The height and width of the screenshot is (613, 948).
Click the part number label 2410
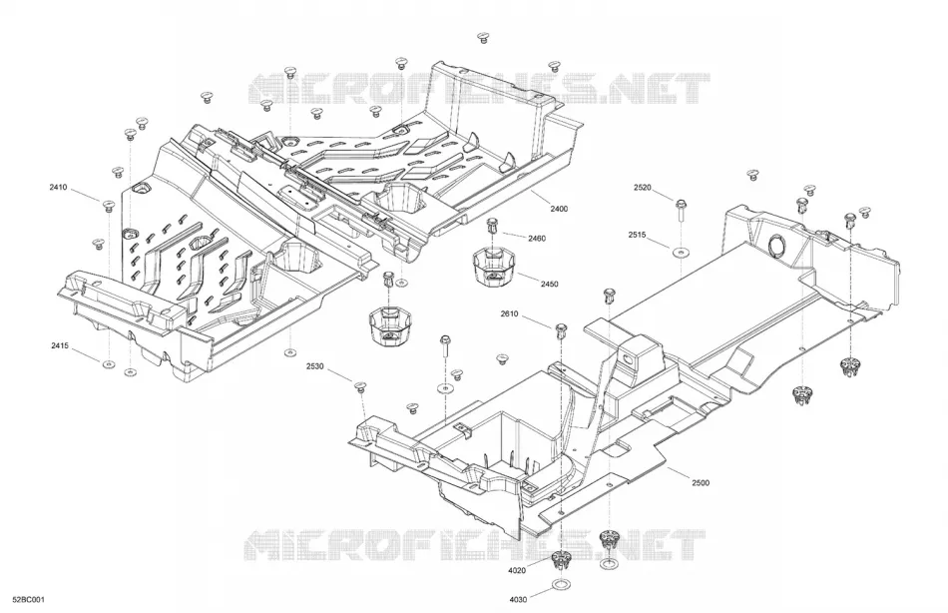point(58,188)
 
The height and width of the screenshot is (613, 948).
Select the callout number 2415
point(60,346)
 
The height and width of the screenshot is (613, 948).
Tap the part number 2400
point(559,209)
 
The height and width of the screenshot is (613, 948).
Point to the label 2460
point(537,239)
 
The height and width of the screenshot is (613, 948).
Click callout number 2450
point(550,284)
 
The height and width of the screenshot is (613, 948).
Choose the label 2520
point(643,188)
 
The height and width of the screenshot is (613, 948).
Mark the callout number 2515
point(638,235)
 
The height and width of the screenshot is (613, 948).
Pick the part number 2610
point(509,314)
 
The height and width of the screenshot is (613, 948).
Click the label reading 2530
point(314,366)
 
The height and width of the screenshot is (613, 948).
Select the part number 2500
point(701,483)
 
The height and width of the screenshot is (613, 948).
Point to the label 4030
point(518,600)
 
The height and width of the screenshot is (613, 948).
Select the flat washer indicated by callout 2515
point(681,252)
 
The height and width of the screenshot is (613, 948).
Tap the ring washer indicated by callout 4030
point(561,586)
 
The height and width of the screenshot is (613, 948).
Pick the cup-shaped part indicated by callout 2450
point(493,266)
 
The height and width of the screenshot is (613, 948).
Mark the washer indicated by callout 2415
point(109,363)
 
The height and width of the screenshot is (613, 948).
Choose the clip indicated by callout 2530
point(361,386)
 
